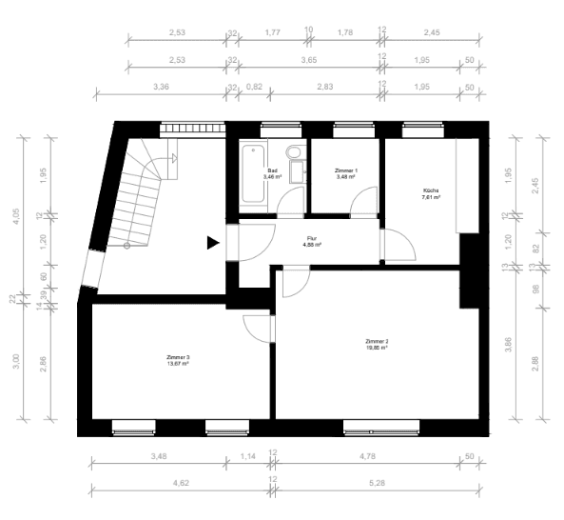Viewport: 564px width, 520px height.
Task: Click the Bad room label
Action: coord(271,171)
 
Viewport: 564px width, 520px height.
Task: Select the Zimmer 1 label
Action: coord(344,171)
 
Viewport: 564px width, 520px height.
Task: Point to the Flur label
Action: coord(311,239)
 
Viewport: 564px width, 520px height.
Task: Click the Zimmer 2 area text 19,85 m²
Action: coord(377,348)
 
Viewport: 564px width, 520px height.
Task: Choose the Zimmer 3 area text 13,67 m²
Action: coord(178,364)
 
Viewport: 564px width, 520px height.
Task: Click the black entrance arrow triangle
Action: coord(213,243)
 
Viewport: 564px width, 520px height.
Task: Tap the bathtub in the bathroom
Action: coord(252,173)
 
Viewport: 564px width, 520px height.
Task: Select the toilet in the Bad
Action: coord(294,152)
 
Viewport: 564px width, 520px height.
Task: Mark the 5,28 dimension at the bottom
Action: coord(379,482)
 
